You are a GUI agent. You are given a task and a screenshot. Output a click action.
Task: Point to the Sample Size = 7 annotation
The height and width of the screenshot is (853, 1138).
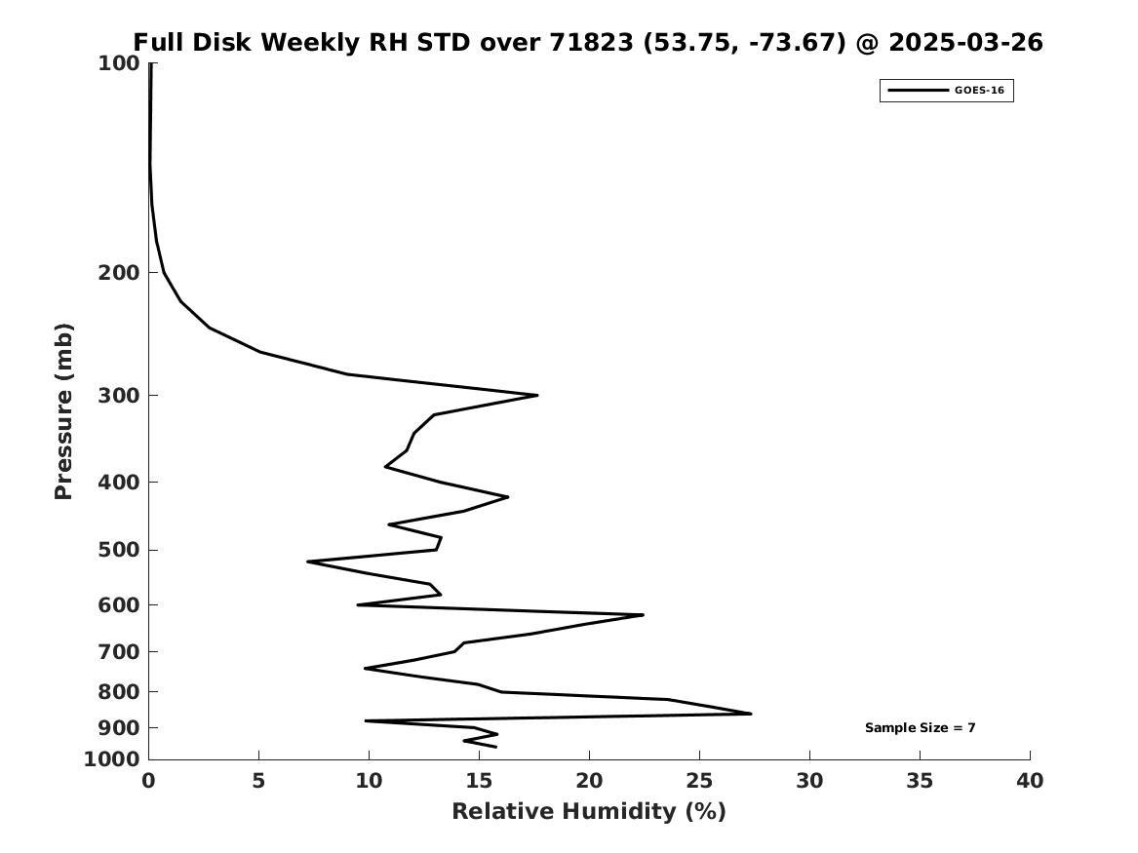pyautogui.click(x=921, y=727)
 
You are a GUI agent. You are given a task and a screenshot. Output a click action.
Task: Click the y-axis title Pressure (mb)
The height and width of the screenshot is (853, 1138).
pyautogui.click(x=63, y=411)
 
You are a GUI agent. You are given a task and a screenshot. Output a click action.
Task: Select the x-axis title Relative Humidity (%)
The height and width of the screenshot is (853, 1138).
pyautogui.click(x=589, y=811)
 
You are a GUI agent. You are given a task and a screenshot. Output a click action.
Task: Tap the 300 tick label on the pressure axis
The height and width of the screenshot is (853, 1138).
pyautogui.click(x=118, y=396)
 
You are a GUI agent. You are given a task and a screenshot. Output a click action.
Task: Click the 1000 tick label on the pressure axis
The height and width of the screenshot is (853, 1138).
pyautogui.click(x=112, y=759)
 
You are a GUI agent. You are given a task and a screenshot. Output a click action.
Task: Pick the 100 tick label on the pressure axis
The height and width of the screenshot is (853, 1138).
pyautogui.click(x=118, y=63)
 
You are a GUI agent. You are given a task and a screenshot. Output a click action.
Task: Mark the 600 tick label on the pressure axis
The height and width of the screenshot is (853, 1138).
pyautogui.click(x=118, y=605)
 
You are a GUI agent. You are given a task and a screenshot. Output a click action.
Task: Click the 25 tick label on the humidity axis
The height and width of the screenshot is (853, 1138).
pyautogui.click(x=699, y=781)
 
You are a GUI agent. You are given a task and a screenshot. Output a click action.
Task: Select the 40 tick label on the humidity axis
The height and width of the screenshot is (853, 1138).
pyautogui.click(x=1030, y=781)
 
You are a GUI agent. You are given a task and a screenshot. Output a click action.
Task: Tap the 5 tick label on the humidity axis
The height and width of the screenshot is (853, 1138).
pyautogui.click(x=258, y=781)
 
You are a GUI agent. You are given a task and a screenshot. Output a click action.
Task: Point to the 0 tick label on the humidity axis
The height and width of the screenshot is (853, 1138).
pyautogui.click(x=148, y=781)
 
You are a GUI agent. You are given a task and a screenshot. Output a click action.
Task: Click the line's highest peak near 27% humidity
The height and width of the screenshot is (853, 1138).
pyautogui.click(x=751, y=714)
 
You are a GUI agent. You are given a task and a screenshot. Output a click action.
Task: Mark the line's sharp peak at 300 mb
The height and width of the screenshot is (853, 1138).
pyautogui.click(x=537, y=396)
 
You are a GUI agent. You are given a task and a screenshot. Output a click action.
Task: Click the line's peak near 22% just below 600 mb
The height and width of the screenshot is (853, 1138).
pyautogui.click(x=643, y=615)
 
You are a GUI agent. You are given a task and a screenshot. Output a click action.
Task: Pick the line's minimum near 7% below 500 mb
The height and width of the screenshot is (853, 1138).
pyautogui.click(x=308, y=562)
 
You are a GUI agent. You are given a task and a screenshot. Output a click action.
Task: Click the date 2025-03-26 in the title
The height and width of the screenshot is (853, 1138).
pyautogui.click(x=966, y=43)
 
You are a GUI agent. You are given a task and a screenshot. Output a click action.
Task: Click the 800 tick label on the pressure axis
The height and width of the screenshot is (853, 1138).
pyautogui.click(x=118, y=692)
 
